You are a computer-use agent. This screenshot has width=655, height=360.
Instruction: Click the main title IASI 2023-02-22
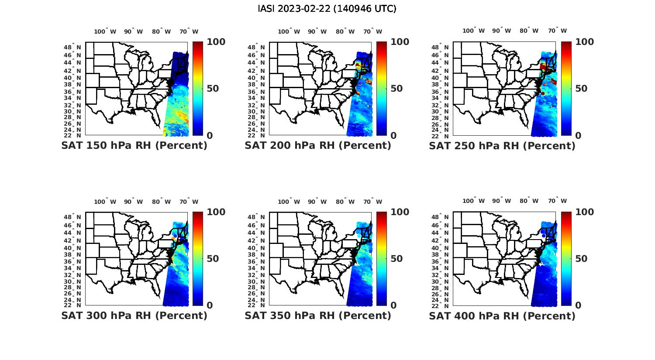point(327,9)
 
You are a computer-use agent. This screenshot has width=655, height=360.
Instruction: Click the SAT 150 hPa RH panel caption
point(134,146)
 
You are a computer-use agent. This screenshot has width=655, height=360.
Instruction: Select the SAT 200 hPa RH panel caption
point(318,146)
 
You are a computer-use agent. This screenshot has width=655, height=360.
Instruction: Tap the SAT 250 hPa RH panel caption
point(502,146)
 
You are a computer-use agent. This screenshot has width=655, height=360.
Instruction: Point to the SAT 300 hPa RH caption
point(134,315)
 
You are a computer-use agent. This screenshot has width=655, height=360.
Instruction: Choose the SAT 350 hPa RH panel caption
point(318,315)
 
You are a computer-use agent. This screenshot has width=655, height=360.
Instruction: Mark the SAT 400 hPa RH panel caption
point(502,315)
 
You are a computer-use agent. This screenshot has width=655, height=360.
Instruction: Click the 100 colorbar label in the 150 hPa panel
point(216,42)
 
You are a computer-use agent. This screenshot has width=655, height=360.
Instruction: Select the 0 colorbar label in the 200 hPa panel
point(393,136)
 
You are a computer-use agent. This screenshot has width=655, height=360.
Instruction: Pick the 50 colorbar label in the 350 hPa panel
point(396,259)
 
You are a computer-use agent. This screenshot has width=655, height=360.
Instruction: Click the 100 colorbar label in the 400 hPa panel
point(585,212)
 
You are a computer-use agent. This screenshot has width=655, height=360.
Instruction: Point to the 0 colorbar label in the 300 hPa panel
point(210,305)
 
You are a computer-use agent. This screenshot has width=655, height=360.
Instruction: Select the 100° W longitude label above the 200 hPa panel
point(289,31)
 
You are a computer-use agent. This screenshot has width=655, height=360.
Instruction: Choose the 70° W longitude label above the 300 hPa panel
point(189,202)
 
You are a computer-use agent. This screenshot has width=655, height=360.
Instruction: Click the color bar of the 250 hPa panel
point(566,89)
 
